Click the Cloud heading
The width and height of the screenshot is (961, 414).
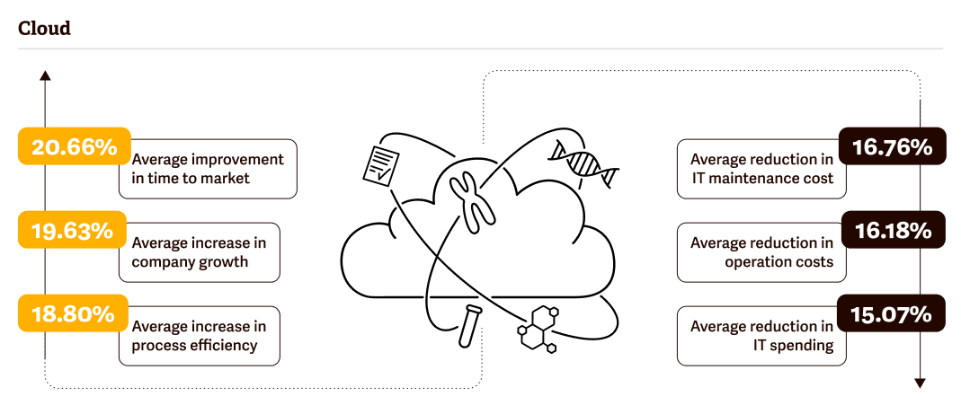coord(44,29)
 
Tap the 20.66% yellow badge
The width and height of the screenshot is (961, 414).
coord(75,147)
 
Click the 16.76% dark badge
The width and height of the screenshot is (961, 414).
coord(892,147)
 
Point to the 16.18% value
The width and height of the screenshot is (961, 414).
coord(892,231)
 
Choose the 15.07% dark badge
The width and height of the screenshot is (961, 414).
coord(892,314)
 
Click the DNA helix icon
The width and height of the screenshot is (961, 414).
coord(584,163)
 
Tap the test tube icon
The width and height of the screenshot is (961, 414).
coord(467,325)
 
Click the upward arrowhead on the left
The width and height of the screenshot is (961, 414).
coord(45,75)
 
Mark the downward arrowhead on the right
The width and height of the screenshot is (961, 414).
coord(920,383)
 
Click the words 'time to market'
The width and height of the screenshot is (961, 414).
coord(191,178)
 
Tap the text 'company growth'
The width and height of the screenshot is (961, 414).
coord(190,262)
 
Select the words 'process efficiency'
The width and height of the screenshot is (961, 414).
coord(194,345)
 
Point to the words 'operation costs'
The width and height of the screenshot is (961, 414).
coord(779,262)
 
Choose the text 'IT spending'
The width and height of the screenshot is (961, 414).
coord(795,345)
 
